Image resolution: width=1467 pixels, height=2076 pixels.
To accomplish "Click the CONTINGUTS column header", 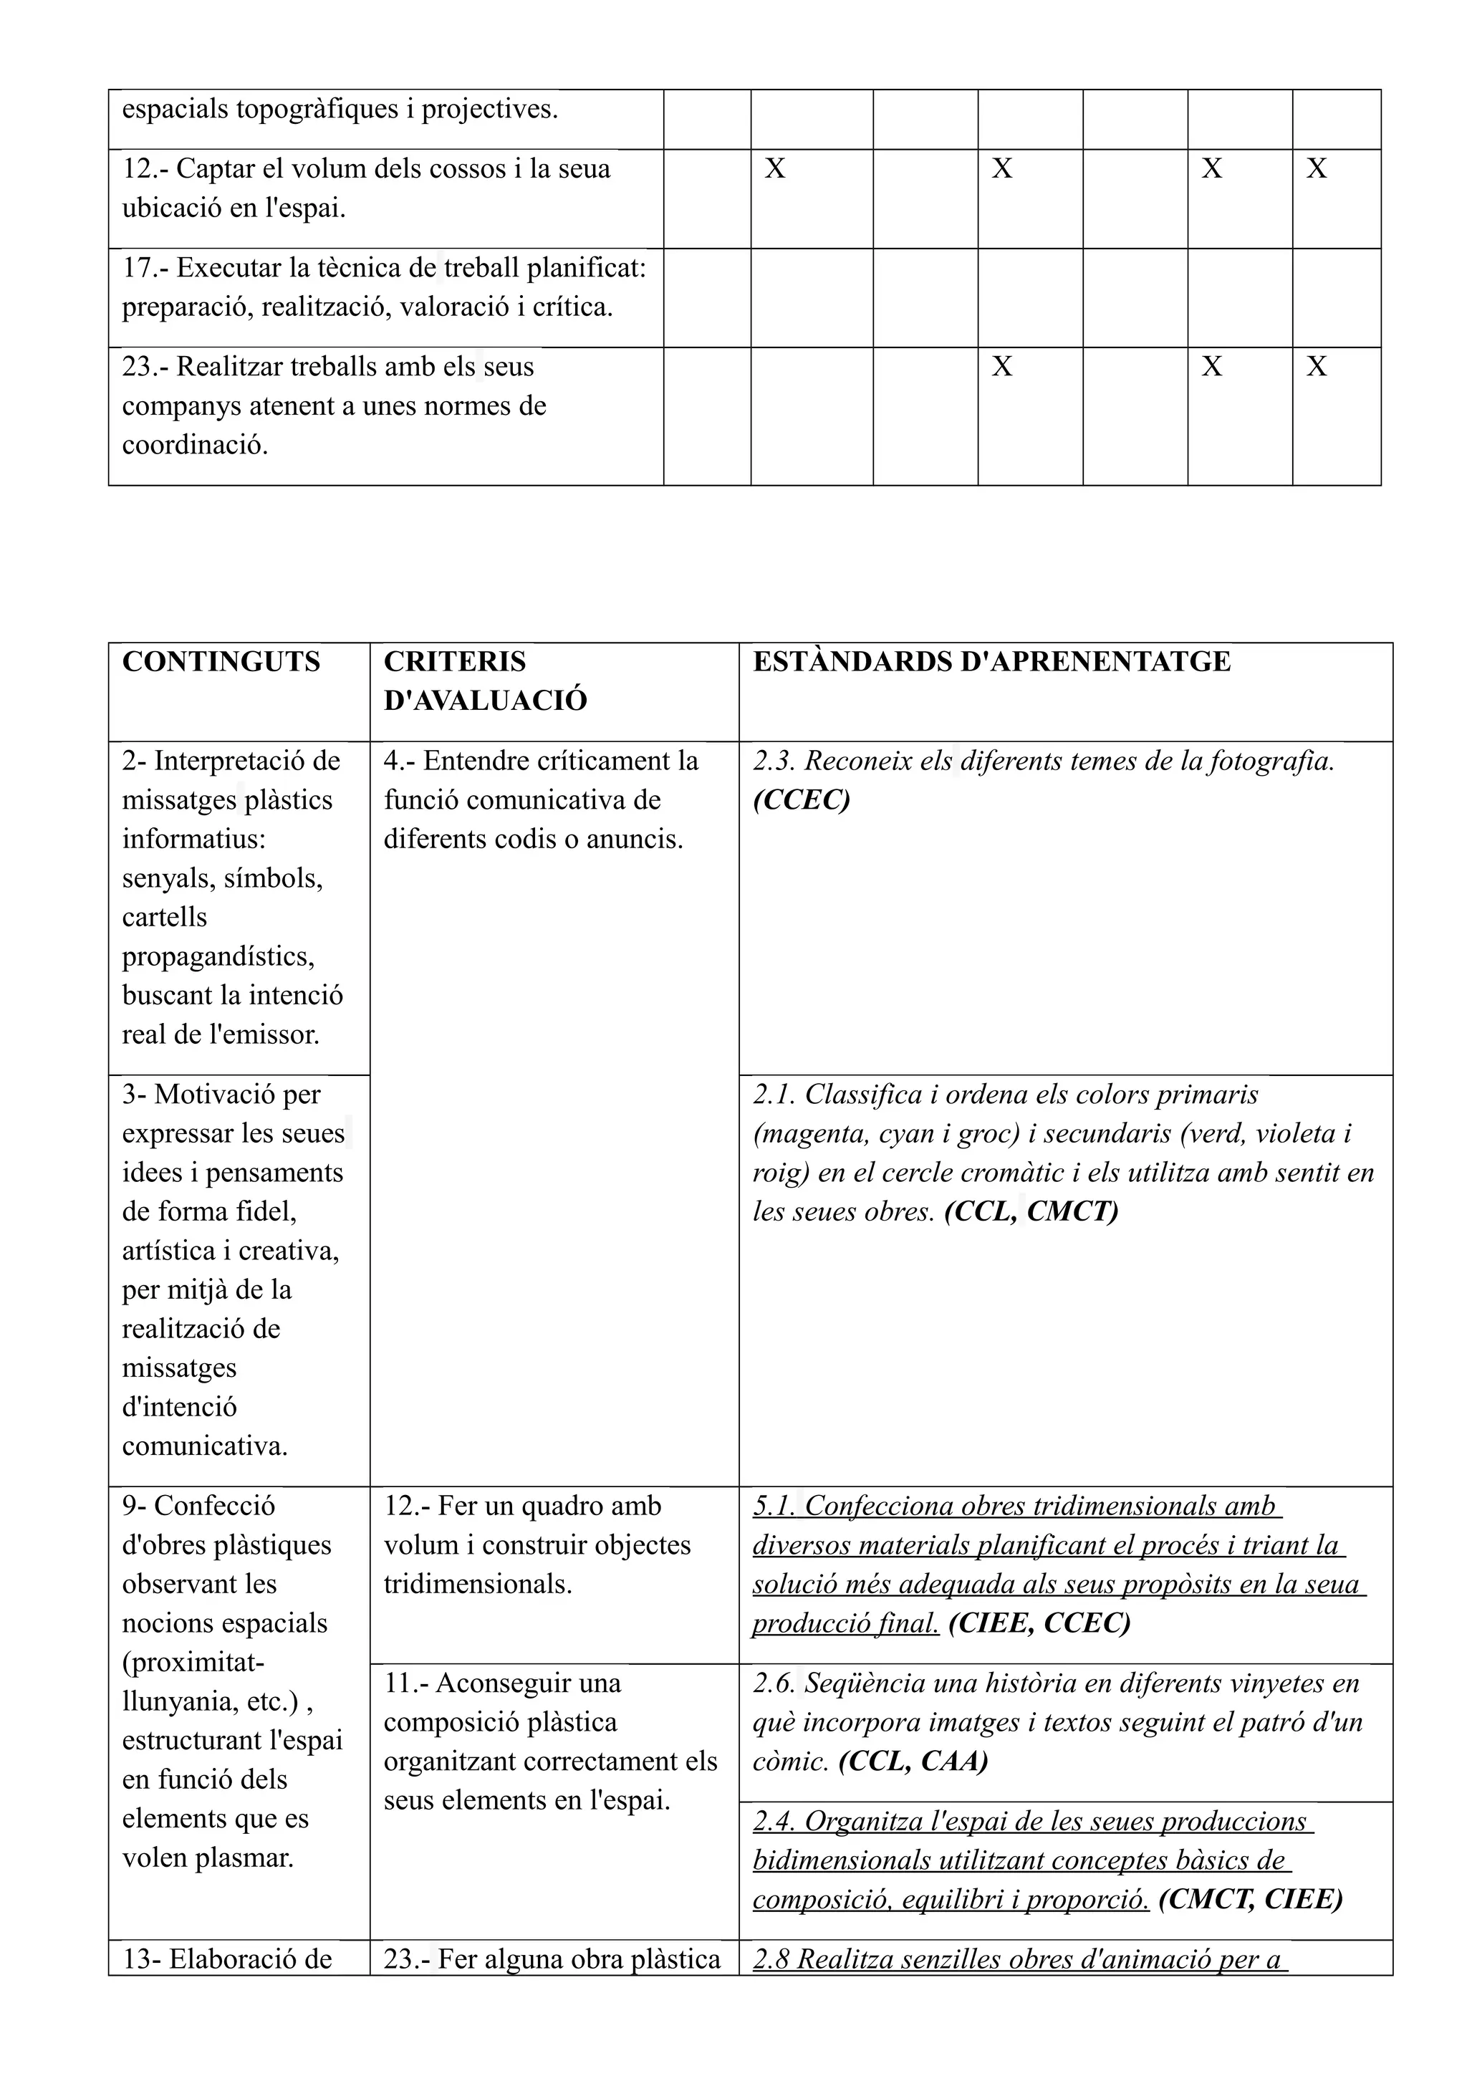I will [x=221, y=663].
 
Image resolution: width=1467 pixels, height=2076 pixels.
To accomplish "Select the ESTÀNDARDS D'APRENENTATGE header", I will [x=991, y=663].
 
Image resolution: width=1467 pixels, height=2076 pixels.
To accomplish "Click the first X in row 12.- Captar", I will [x=774, y=169].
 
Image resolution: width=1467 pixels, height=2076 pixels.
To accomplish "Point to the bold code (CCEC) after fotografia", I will [x=801, y=801].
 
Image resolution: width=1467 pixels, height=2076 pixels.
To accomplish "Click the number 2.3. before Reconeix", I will [x=774, y=762].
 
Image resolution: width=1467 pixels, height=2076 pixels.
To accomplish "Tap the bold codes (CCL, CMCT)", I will [x=1031, y=1211].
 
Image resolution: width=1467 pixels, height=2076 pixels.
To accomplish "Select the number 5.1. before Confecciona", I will [x=774, y=1506].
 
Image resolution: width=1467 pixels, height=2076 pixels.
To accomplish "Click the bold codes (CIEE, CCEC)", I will [x=1039, y=1624].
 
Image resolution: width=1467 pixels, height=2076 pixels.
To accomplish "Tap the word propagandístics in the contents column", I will [x=218, y=956].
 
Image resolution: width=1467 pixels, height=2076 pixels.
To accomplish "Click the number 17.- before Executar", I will [x=144, y=269].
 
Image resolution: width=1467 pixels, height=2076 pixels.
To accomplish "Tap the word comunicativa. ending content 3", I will [x=204, y=1447].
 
